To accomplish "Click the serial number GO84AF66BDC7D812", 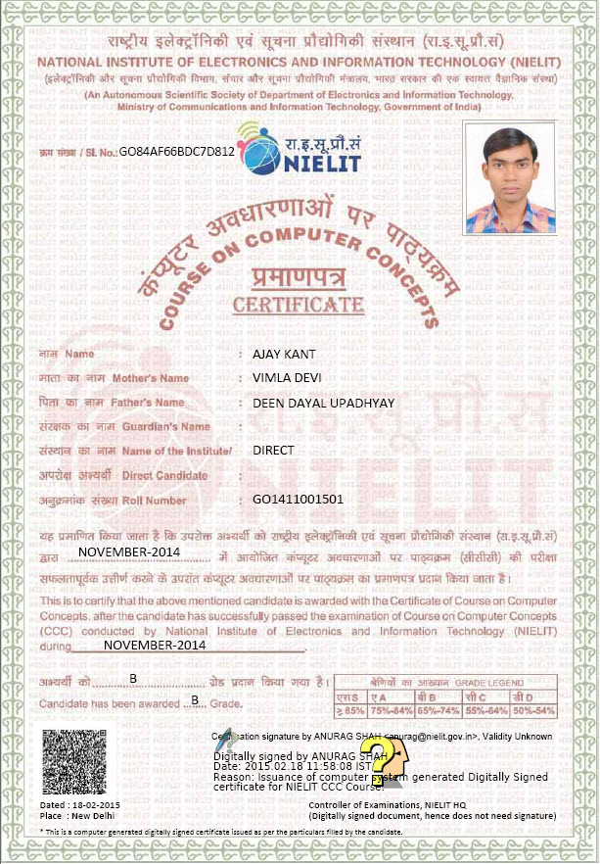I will click(x=177, y=153).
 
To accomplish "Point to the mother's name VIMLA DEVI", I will click(x=287, y=377).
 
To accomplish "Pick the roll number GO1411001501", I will click(x=298, y=500).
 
